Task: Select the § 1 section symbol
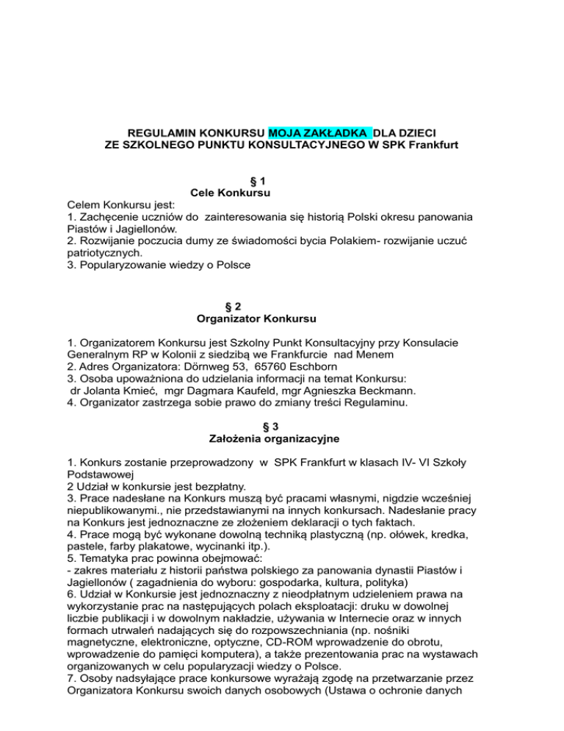pos(254,180)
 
